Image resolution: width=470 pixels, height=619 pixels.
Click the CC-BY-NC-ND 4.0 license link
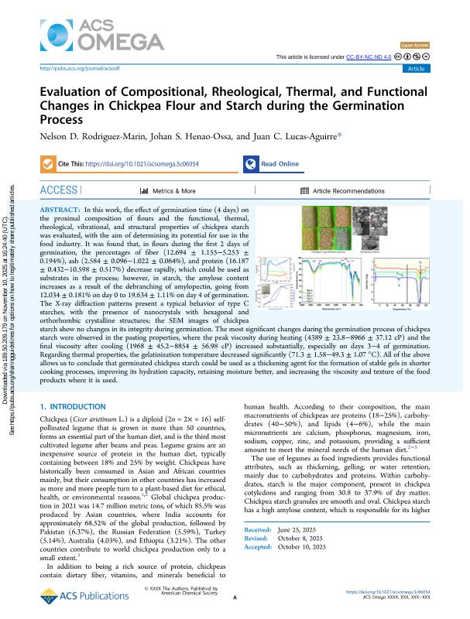click(x=369, y=57)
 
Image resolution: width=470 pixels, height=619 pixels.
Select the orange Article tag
click(x=415, y=69)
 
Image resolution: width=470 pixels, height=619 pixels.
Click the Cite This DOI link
click(x=140, y=164)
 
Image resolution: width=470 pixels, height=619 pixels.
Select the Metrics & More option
click(x=168, y=190)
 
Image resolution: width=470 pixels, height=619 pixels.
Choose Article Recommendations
click(x=342, y=190)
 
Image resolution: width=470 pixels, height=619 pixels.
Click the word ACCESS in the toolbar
click(x=58, y=190)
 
